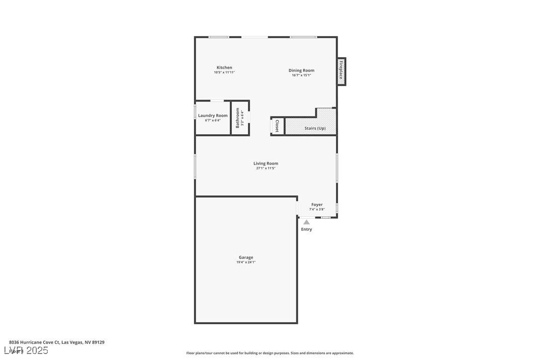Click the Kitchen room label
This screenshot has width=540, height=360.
point(224,68)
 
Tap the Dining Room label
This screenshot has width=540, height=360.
point(301,71)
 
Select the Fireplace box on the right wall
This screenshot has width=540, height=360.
point(341,71)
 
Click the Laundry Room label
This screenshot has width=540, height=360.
point(213,115)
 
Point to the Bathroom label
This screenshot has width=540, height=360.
point(238,118)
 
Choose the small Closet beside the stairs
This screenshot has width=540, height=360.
point(277,126)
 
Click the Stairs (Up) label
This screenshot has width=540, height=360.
point(315,128)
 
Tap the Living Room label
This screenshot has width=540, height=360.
point(266,164)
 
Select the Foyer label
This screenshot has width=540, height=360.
point(317,204)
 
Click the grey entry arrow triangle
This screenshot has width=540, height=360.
point(307,222)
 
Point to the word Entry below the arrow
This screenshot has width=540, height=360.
point(307,229)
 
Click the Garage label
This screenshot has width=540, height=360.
point(246,258)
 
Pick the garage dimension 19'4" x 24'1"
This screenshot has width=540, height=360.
point(246,262)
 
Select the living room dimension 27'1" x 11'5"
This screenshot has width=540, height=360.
point(266,168)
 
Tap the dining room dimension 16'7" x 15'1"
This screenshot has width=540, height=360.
point(301,75)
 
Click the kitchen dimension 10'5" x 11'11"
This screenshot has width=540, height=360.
point(224,72)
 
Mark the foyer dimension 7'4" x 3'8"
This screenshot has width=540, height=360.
point(317,209)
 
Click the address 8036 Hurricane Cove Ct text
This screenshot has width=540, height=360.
point(57,342)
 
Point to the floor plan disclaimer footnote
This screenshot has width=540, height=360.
point(270,353)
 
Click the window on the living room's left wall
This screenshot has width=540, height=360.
point(195,166)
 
